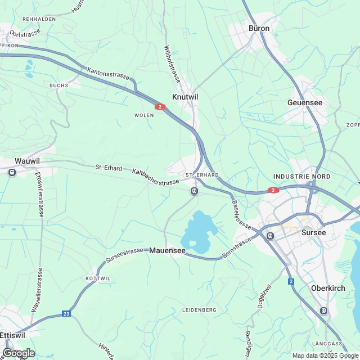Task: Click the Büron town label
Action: (259, 28)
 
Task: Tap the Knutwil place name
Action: (185, 97)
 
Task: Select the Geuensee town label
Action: (305, 103)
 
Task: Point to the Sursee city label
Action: (314, 232)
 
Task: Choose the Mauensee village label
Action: (168, 250)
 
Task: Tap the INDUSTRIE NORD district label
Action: (301, 177)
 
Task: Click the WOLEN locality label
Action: (143, 115)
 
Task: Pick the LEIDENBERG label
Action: (200, 310)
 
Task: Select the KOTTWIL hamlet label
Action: (97, 279)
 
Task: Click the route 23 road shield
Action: (67, 314)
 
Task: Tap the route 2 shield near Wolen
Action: (160, 106)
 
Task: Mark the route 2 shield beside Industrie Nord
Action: (273, 190)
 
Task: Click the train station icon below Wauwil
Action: (12, 173)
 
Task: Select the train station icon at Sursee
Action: (270, 236)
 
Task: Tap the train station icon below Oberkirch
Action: (323, 310)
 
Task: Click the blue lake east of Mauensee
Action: (198, 231)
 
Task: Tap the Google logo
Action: (19, 353)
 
